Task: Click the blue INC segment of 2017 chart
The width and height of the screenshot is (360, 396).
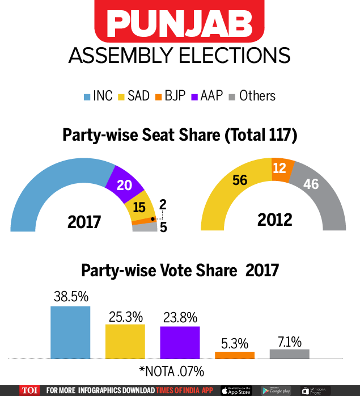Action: [x=51, y=187]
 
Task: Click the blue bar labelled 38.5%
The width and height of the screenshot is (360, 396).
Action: [x=70, y=332]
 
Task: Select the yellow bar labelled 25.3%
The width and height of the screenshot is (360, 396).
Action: [x=125, y=342]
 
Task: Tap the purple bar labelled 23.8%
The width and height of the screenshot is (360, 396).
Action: [x=180, y=343]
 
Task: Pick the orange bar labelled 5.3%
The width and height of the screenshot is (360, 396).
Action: [x=235, y=355]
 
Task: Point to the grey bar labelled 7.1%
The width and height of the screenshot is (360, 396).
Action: [x=289, y=354]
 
